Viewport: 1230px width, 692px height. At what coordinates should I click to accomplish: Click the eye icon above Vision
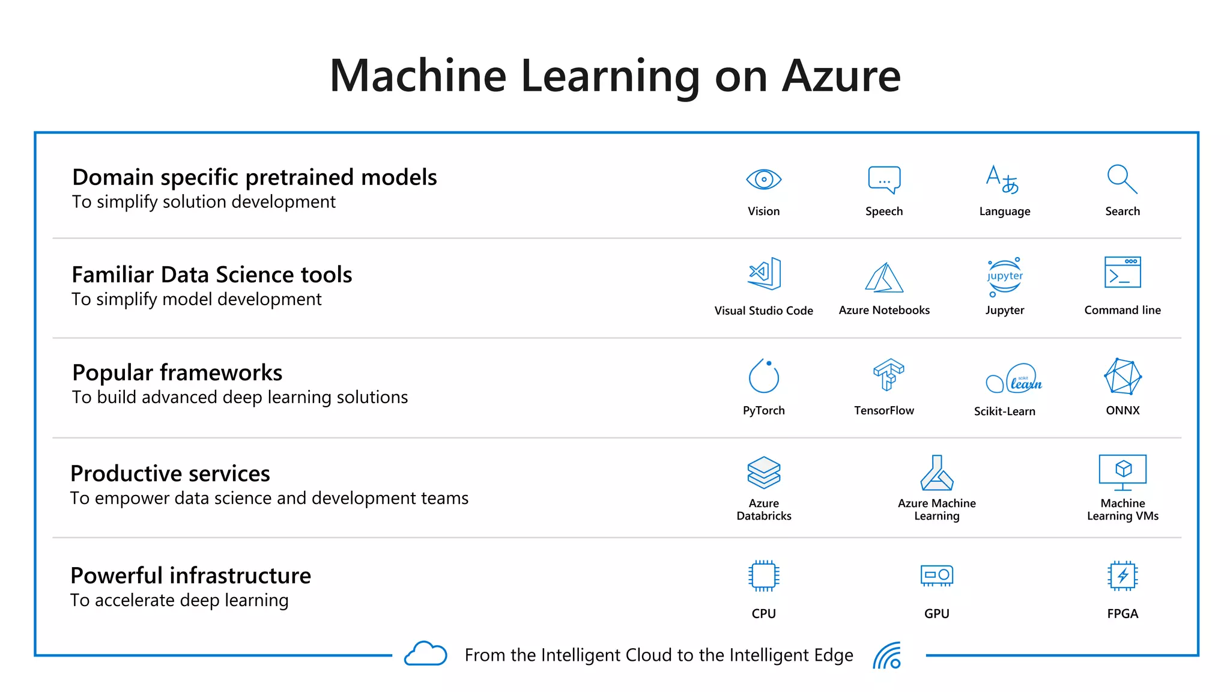coord(763,179)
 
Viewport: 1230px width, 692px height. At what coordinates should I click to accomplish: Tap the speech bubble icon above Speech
coord(884,180)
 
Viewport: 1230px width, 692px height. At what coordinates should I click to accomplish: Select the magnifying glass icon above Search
coord(1122,179)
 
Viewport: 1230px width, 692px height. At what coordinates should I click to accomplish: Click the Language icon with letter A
coord(1002,179)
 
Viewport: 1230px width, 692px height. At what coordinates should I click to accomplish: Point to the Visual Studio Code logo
coord(764,274)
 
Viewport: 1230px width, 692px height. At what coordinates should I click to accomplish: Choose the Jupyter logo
coord(1005,277)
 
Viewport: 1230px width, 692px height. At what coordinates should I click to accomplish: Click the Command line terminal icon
coord(1122,273)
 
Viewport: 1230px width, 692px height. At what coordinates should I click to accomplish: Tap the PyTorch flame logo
coord(763,376)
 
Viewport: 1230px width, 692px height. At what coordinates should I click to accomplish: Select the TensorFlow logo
coord(888,374)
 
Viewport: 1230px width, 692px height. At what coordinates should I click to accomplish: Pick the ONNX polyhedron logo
coord(1122,376)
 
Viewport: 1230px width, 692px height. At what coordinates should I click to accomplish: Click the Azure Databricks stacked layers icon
coord(763,472)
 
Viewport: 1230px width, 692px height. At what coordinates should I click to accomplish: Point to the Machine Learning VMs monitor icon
coord(1122,471)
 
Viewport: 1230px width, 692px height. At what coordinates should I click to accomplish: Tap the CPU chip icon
coord(763,575)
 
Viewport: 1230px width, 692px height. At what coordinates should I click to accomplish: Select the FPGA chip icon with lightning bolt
coord(1122,575)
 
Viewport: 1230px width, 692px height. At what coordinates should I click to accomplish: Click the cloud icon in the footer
coord(425,654)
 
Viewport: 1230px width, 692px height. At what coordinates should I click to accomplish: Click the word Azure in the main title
coord(841,76)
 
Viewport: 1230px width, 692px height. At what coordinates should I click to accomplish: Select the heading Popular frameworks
coord(177,372)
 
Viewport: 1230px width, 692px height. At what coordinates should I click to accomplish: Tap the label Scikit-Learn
coord(1004,411)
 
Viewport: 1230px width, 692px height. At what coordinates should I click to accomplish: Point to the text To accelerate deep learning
coord(180,600)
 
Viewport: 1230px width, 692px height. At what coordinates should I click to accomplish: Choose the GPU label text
coord(936,613)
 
